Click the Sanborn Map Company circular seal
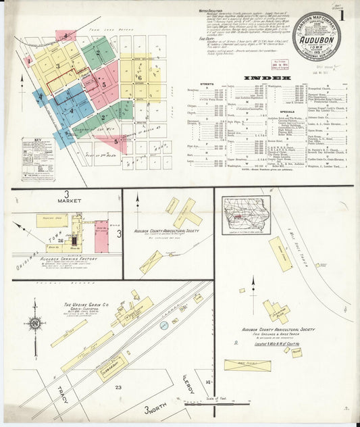pyautogui.click(x=316, y=35)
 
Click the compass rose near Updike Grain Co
pyautogui.click(x=34, y=324)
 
